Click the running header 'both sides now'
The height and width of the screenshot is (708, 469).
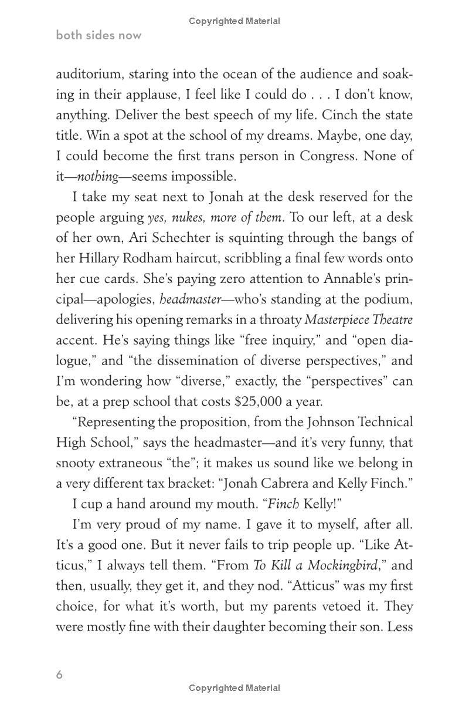98,35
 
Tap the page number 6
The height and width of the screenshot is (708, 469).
59,675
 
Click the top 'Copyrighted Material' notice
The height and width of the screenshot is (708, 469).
235,21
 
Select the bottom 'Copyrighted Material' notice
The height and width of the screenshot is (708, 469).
235,688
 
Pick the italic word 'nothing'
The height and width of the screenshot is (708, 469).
97,177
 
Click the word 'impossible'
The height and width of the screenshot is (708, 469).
205,177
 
